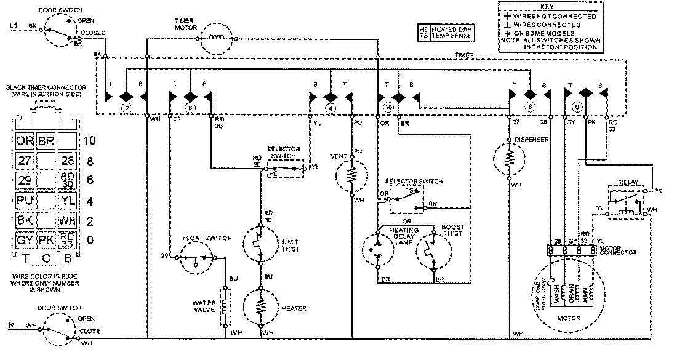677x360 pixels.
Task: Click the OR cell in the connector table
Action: tap(25, 141)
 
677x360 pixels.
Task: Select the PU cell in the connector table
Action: tap(25, 200)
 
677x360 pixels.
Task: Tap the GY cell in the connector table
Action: tap(25, 239)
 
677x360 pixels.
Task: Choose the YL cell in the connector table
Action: tap(66, 200)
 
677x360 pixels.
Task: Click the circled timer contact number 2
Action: tap(126, 108)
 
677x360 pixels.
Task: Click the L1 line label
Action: tap(14, 26)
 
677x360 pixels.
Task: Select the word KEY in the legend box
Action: tap(549, 7)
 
